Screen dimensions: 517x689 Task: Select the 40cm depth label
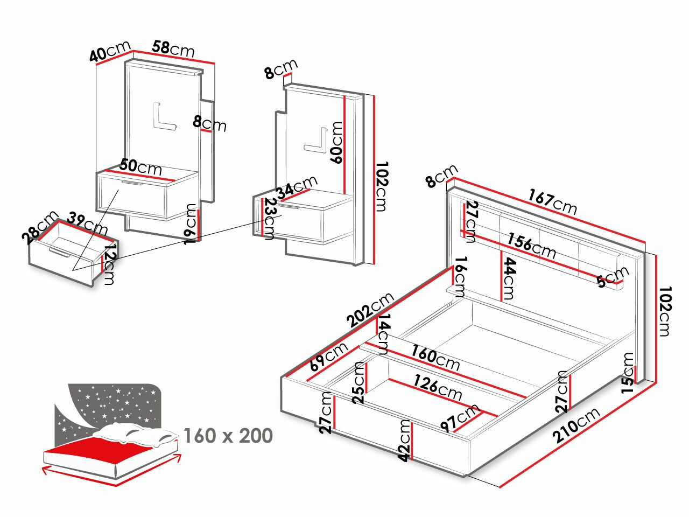[x=111, y=53]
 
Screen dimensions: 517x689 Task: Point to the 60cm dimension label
[x=336, y=143]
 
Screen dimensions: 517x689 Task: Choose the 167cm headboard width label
[x=552, y=201]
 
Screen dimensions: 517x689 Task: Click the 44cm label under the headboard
[x=509, y=278]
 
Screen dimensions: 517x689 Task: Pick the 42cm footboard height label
[x=404, y=440]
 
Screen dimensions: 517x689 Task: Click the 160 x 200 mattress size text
[x=228, y=435]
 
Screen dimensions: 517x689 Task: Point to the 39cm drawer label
[x=88, y=223]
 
